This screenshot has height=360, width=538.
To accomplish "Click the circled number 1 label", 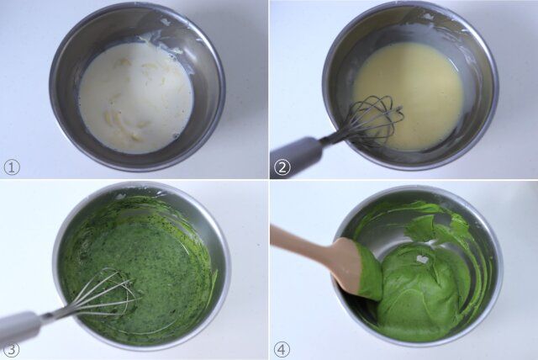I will point(11,167).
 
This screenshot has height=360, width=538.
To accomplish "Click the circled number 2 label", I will point(282,167).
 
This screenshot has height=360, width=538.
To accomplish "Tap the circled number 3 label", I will point(11,348).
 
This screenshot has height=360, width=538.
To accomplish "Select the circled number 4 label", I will point(282,348).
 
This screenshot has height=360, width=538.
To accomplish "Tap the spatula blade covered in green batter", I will point(357,269).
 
